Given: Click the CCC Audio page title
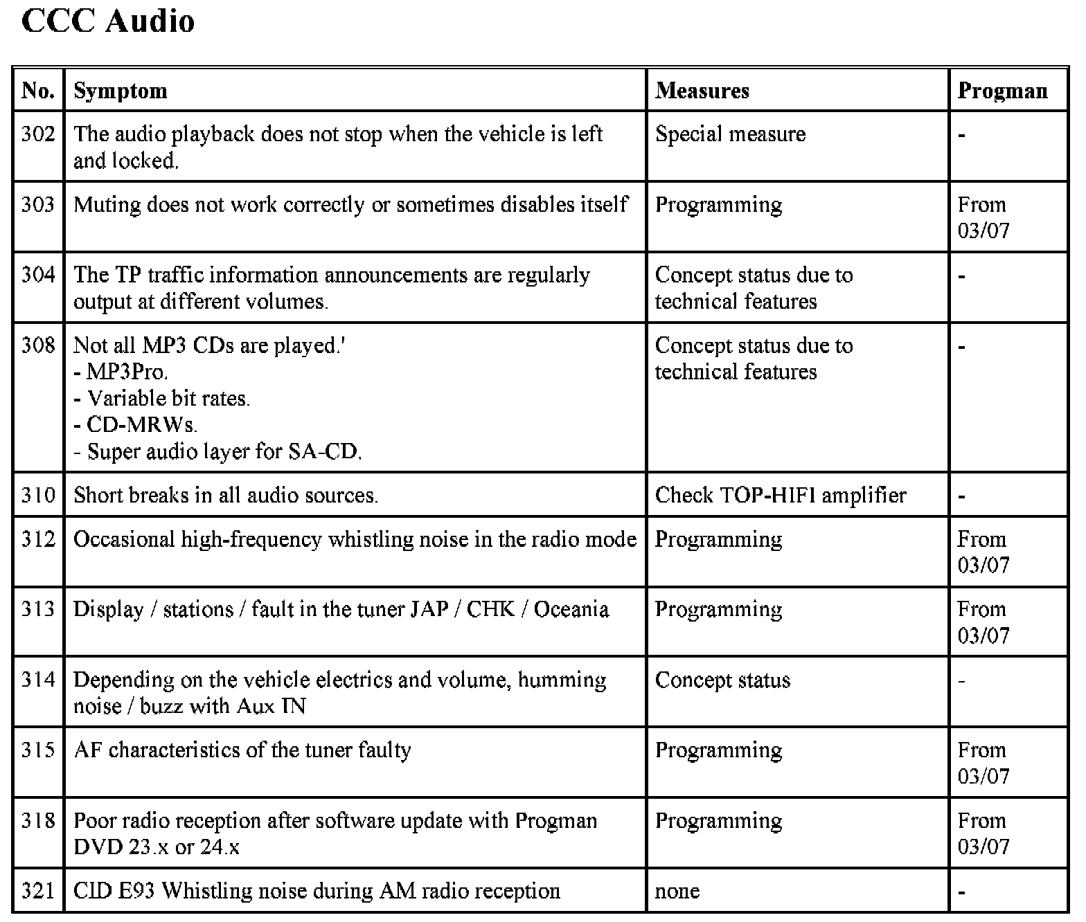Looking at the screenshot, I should pos(108,21).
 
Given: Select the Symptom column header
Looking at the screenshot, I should pos(121,91).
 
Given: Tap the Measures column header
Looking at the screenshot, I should pos(702,91).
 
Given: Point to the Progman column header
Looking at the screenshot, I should pos(1002,91).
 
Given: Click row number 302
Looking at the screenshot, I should pos(38,134).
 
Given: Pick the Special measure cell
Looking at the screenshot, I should pos(730,134).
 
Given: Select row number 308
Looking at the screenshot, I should pos(38,345).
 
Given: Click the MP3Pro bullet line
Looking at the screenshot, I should pos(121,372).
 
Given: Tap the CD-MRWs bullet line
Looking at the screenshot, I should pos(136,425).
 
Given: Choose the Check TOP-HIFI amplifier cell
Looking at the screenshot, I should pos(780,496).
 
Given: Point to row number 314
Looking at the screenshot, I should pos(38,680).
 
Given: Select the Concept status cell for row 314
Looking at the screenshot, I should pos(722,680).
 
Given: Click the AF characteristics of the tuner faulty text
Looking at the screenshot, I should pos(242,750).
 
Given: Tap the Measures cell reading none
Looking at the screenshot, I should pos(677,892).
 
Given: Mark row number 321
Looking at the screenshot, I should pos(38,892).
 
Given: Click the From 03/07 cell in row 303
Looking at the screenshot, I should pos(983,217).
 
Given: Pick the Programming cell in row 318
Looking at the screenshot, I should pos(718,821).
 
